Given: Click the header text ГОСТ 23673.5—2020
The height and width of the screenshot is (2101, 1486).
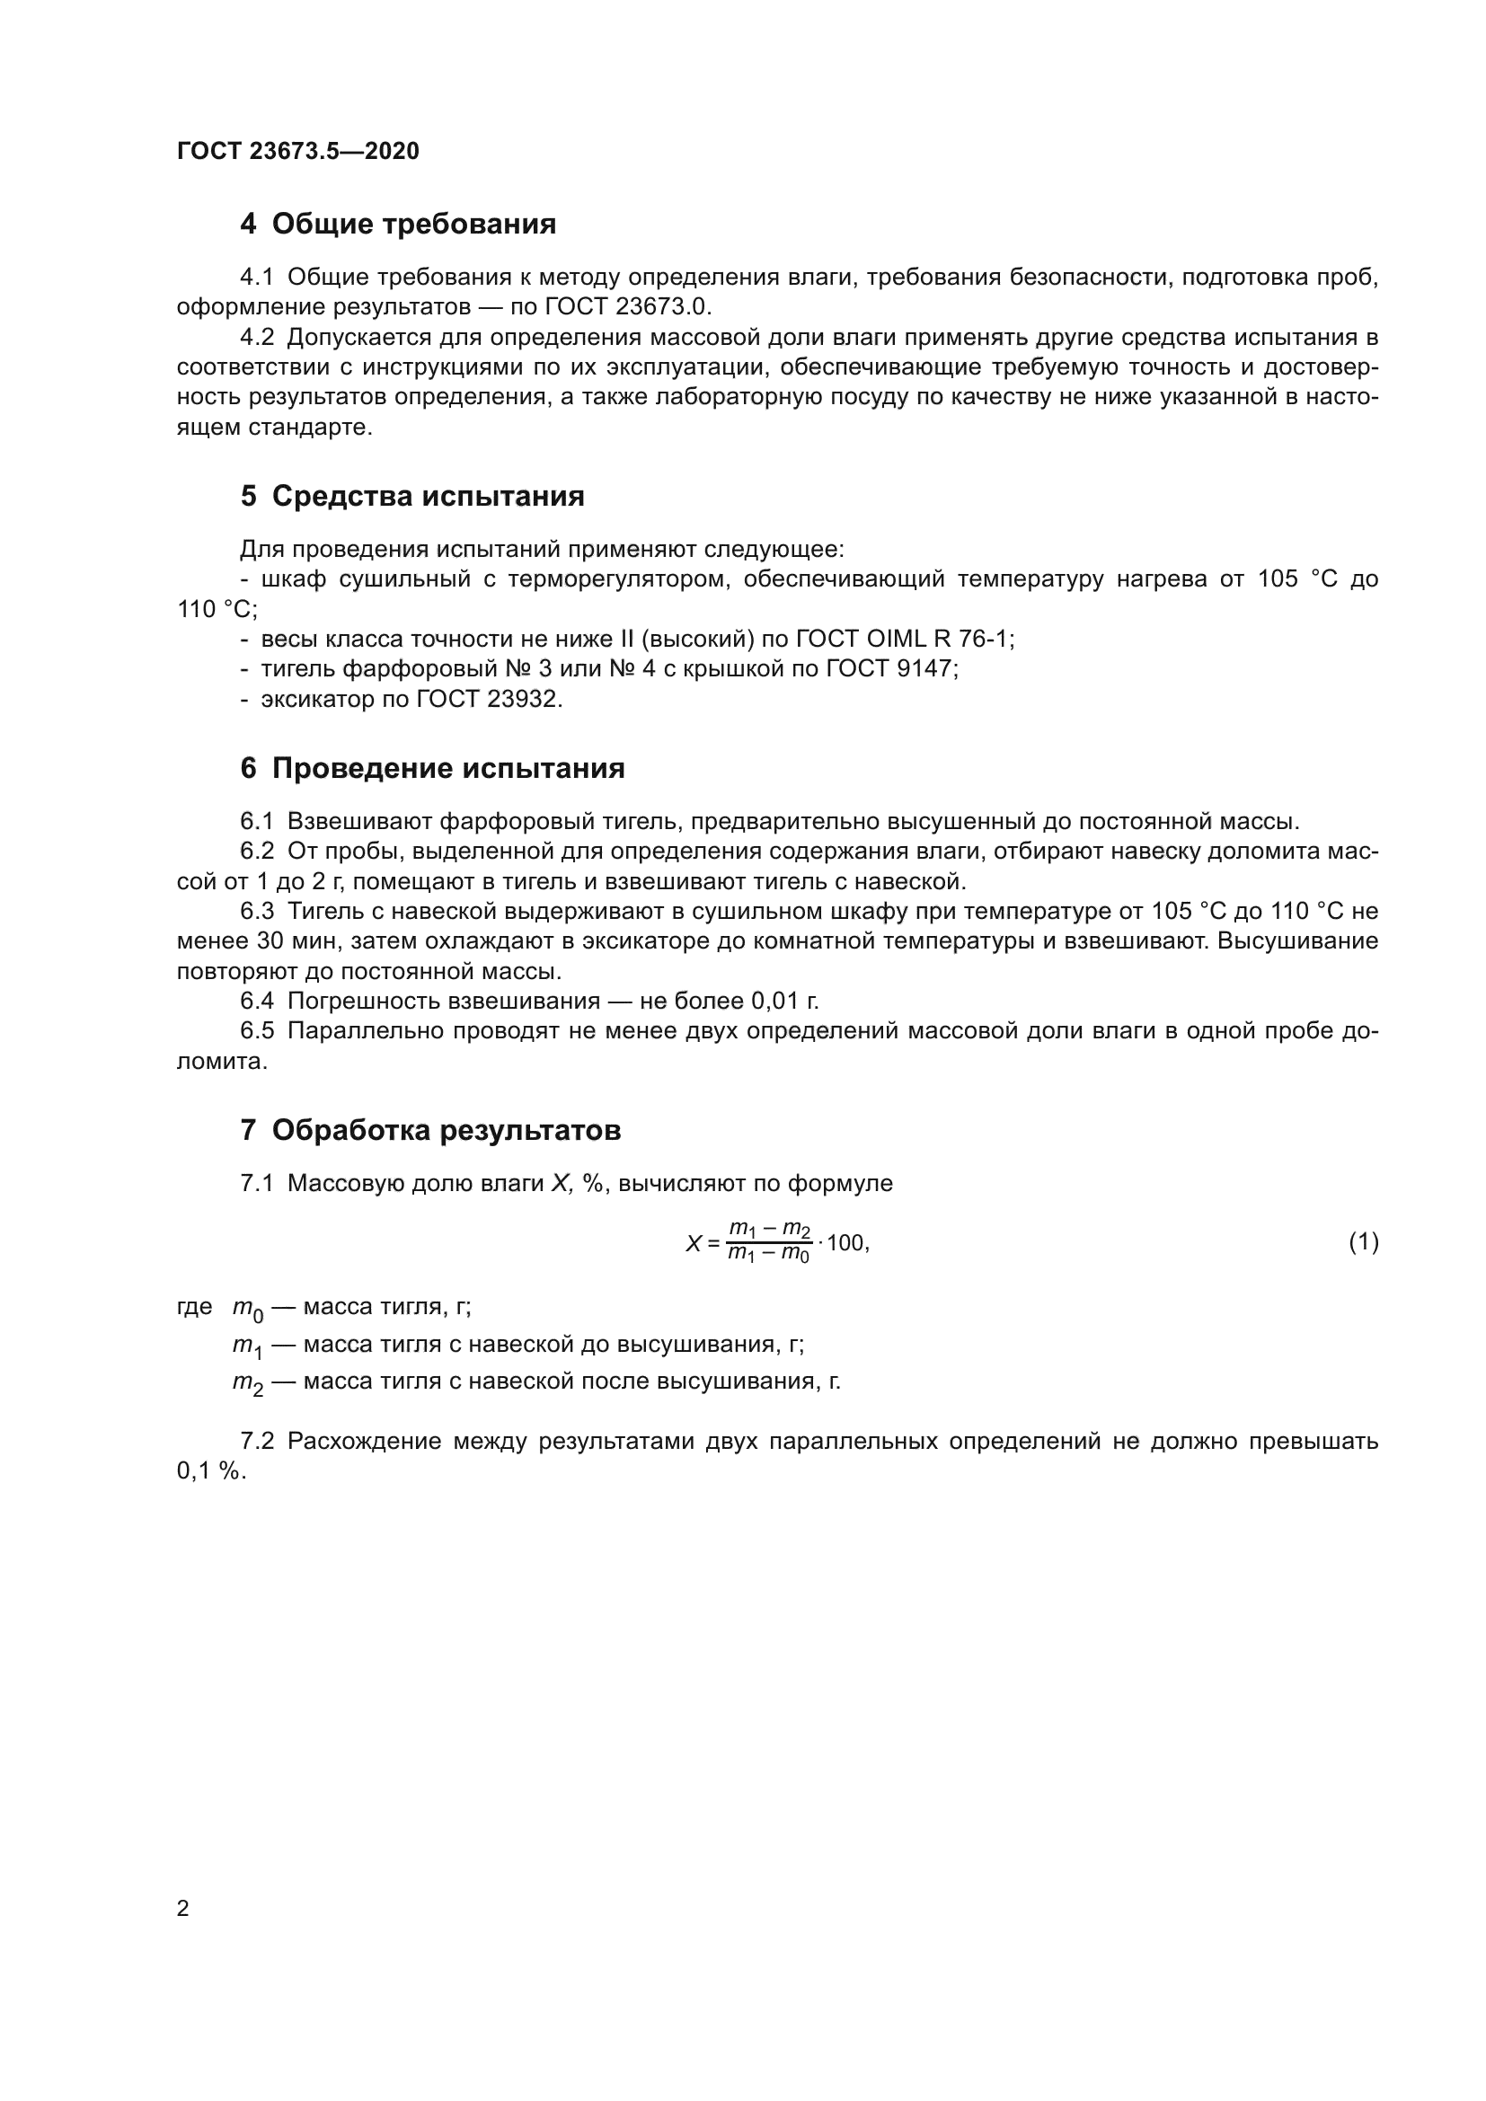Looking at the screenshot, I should tap(297, 151).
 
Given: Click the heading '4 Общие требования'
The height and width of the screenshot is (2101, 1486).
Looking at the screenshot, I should tap(398, 225).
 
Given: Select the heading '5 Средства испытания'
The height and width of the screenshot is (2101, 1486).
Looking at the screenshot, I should tap(411, 496).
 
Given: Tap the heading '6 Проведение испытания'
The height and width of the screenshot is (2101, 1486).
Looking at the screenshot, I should tap(432, 768).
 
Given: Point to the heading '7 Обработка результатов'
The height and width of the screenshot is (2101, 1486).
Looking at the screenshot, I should tap(430, 1130).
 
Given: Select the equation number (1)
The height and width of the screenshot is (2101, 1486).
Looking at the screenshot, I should tap(1364, 1241).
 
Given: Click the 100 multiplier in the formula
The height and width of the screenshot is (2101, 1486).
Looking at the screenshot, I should tap(845, 1242).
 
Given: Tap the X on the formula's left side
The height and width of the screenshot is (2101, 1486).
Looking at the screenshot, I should tap(694, 1243).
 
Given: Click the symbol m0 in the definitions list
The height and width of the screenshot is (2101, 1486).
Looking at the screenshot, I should tap(247, 1310).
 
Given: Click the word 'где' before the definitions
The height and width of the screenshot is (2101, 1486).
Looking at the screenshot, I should tap(194, 1307).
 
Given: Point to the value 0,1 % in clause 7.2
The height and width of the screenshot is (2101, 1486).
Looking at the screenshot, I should tap(210, 1472).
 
